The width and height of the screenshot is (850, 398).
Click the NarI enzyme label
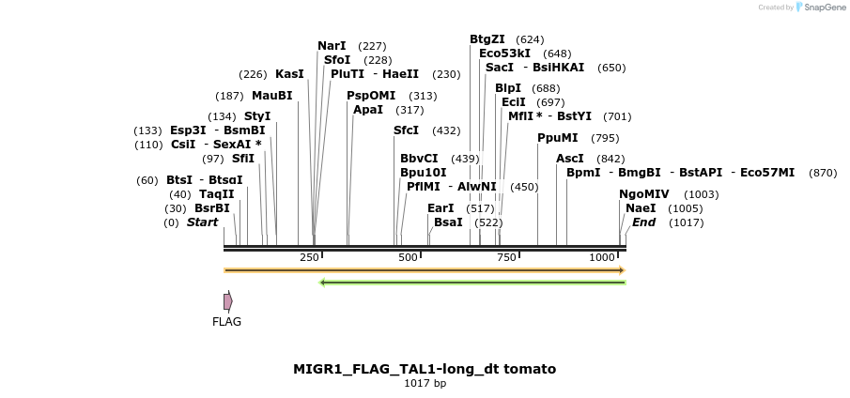pos(332,46)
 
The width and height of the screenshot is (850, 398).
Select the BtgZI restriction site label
pos(487,39)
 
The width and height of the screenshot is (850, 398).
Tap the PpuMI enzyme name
pos(557,138)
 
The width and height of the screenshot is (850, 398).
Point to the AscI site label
pos(569,159)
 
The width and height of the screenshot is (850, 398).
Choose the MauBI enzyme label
pos(271,96)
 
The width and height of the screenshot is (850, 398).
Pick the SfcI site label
pos(406,130)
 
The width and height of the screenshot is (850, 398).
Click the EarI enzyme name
pos(440,208)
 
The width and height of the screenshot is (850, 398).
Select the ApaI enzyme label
pos(368,110)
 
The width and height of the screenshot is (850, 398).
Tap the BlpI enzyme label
pos(508,88)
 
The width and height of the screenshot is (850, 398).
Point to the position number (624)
pos(530,39)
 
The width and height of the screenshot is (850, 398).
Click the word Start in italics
pos(202,222)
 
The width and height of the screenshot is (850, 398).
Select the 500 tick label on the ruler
pos(408,257)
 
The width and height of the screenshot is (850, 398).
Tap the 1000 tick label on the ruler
pos(602,257)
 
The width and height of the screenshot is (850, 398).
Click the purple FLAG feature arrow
pos(227,301)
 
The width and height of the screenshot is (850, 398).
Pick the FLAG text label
pos(226,322)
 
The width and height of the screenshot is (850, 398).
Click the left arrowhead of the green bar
pos(322,282)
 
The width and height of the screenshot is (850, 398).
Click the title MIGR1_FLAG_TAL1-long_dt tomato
pos(424,369)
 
